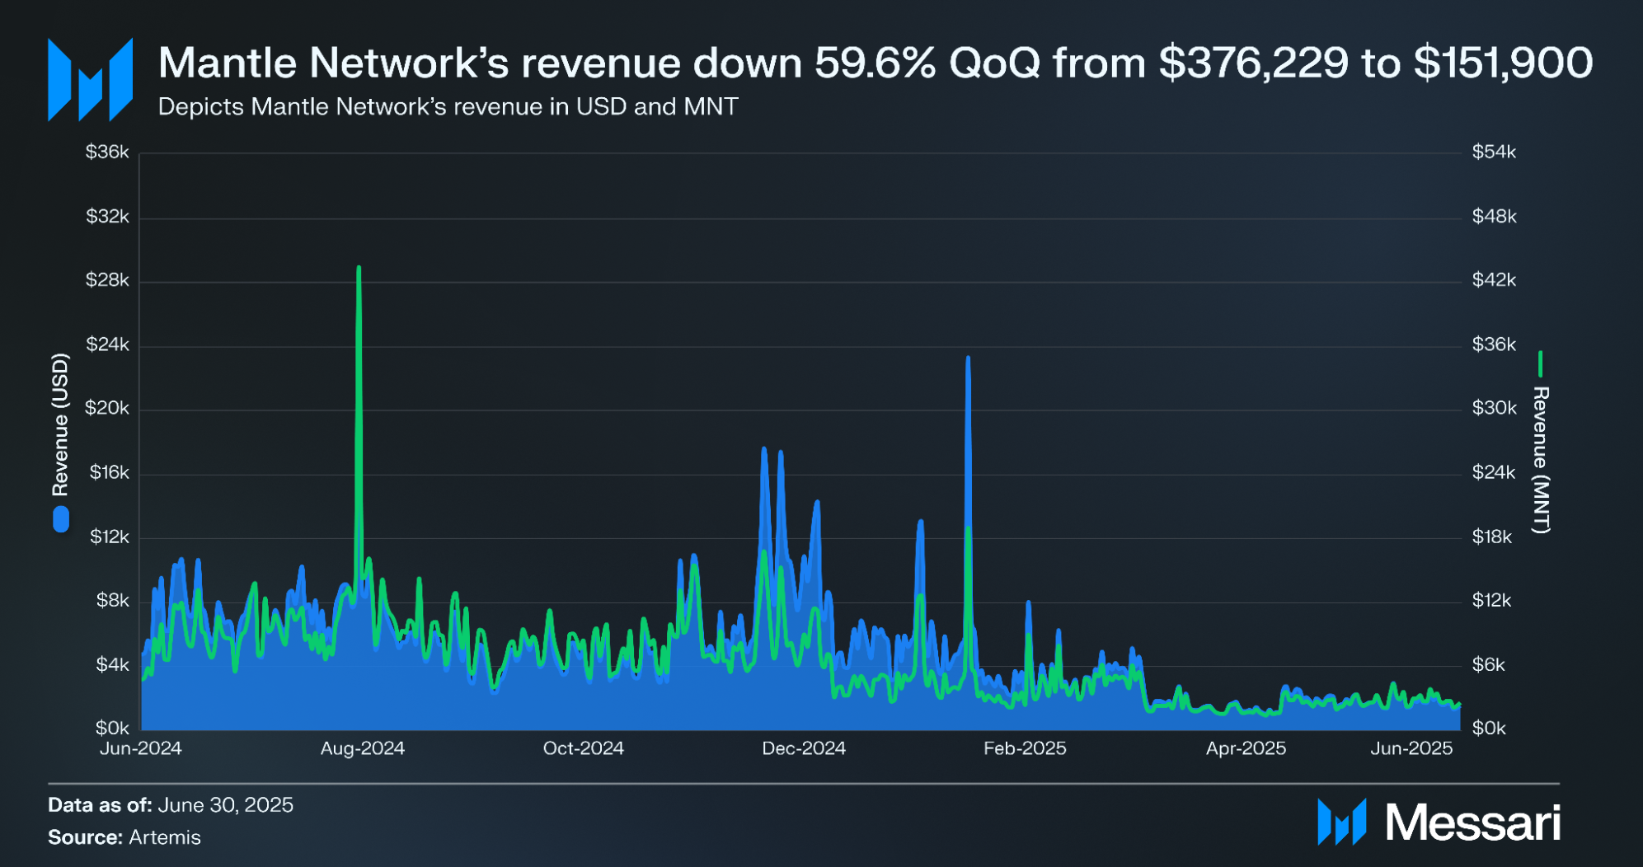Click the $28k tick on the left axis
[x=107, y=280]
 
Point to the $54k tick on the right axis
[x=1494, y=152]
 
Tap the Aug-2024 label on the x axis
[x=362, y=748]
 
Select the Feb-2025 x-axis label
[x=1025, y=748]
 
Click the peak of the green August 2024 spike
[x=359, y=268]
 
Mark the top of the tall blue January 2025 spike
[x=968, y=359]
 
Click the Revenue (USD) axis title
[x=60, y=424]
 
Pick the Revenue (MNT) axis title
[x=1540, y=460]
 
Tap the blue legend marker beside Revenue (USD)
[x=61, y=519]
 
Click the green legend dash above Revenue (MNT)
[x=1540, y=363]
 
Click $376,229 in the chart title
[x=1253, y=63]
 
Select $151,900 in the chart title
[x=1503, y=63]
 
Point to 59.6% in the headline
[x=875, y=63]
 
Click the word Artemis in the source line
[x=165, y=837]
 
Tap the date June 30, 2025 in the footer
[x=225, y=805]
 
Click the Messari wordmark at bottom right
[x=1472, y=822]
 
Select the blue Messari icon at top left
[x=90, y=80]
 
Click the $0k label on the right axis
[x=1489, y=729]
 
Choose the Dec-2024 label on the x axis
[x=804, y=748]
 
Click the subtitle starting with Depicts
[x=448, y=107]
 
